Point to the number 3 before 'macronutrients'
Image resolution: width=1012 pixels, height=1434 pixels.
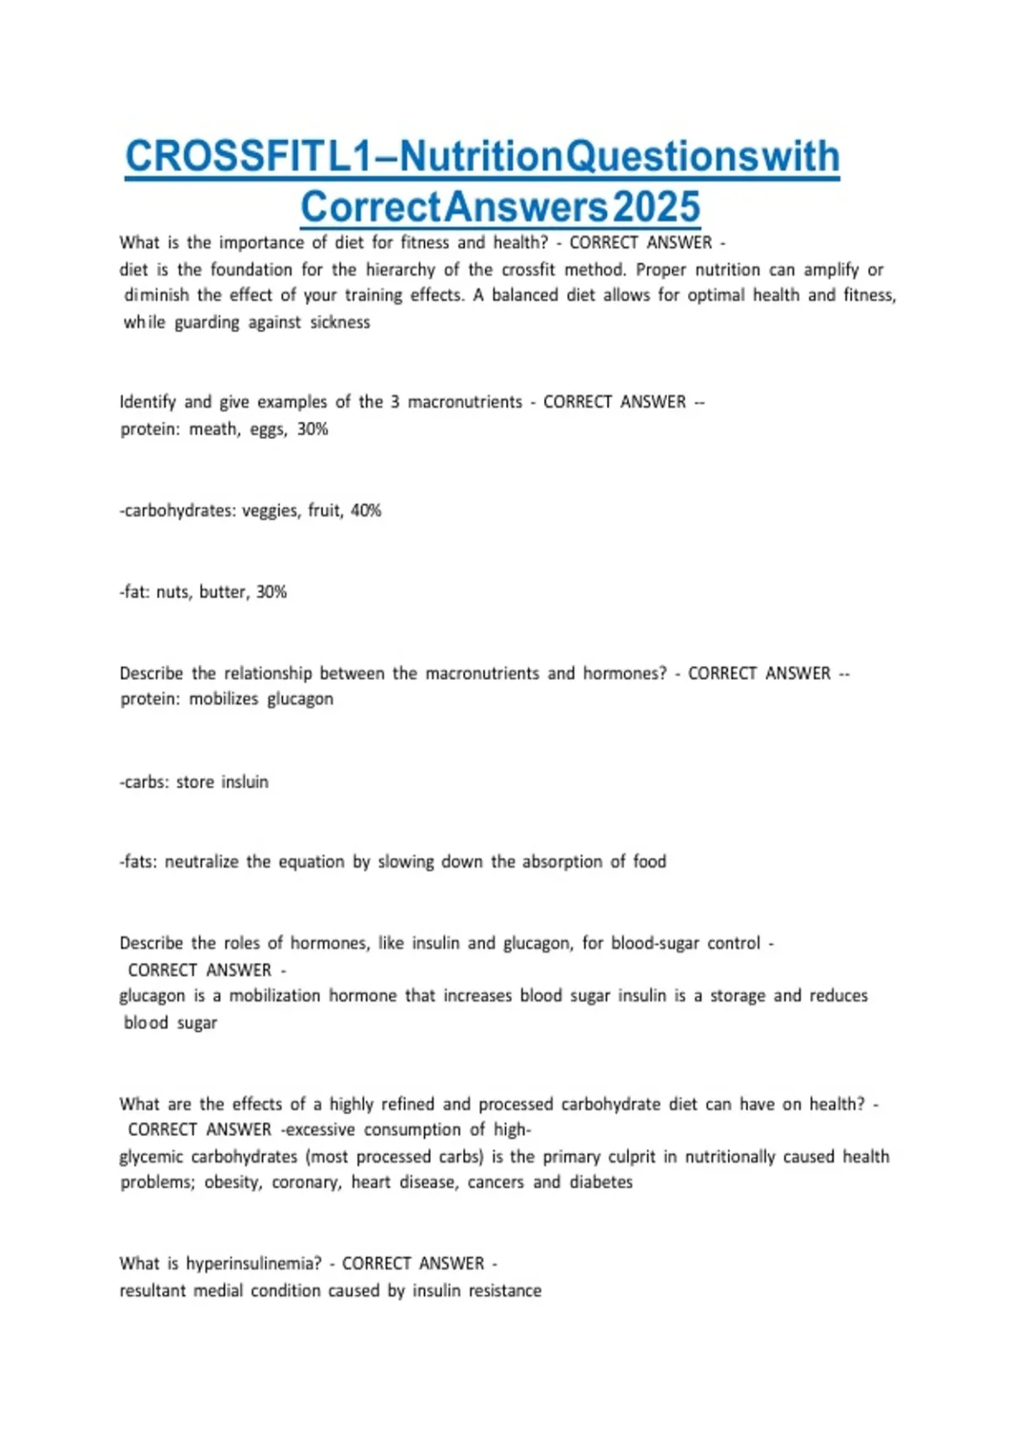tap(395, 402)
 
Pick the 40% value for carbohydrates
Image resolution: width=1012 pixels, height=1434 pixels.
tap(366, 510)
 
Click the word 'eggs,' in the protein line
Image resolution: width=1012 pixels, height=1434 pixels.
tap(269, 429)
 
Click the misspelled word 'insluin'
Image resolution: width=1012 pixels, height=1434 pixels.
tap(245, 782)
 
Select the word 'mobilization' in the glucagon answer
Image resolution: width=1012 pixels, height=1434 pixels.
tap(274, 995)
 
